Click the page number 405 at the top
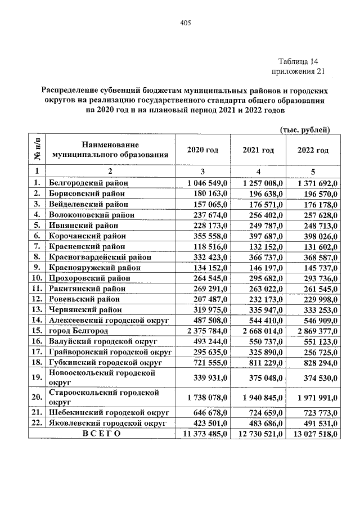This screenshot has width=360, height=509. point(186,23)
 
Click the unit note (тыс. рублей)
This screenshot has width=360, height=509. point(304,130)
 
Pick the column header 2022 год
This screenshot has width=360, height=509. point(313,150)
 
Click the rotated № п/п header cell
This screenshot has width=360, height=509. point(37,150)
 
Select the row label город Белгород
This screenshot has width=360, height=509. point(78,330)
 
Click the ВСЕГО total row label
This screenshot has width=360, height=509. point(101,434)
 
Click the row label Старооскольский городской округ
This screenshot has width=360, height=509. point(102,397)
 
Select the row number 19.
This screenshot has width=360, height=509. point(37,377)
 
